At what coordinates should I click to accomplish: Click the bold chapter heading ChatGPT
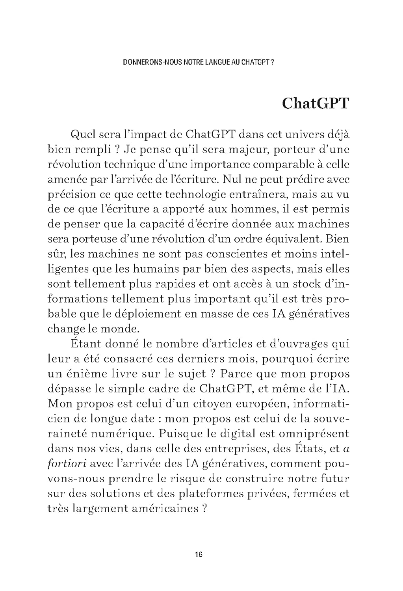316,103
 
